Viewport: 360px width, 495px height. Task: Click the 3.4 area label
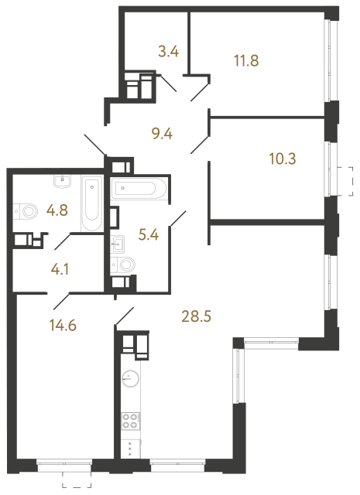pos(168,53)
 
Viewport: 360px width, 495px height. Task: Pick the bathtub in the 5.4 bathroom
pos(138,189)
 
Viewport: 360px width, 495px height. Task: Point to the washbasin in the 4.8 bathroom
pos(62,183)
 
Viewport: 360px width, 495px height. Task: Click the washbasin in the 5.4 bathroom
pos(119,244)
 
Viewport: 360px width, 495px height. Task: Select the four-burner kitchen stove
pos(130,422)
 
